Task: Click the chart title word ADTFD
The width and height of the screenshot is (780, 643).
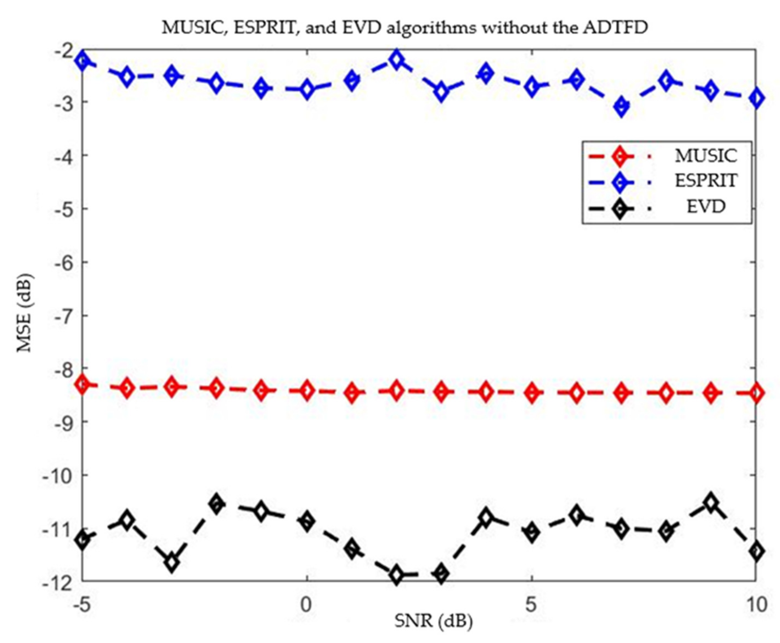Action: point(615,28)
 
